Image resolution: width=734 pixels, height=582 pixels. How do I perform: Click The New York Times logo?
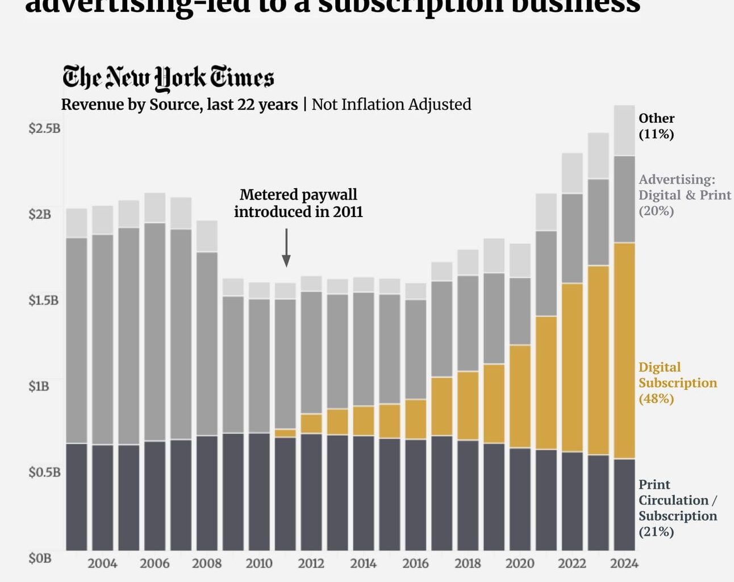(x=168, y=78)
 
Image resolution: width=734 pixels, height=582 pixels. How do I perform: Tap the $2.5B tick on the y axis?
(x=44, y=128)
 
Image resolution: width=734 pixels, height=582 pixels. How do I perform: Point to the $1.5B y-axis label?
(x=44, y=300)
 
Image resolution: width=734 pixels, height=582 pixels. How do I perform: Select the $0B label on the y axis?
(x=40, y=558)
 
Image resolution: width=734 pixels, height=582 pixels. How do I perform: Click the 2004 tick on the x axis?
(x=102, y=563)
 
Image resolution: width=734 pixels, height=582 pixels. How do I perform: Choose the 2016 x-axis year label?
(x=415, y=563)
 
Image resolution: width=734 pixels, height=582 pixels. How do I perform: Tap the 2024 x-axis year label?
(x=624, y=563)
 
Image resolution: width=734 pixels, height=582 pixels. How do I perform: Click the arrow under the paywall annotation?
(x=286, y=248)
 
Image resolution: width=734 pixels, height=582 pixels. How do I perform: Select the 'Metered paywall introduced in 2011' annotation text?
(x=298, y=203)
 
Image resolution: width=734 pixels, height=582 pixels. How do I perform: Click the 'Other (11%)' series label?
(x=656, y=126)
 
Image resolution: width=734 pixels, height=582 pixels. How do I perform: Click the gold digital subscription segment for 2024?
(x=624, y=350)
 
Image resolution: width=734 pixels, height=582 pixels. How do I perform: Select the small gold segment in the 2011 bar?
(x=285, y=433)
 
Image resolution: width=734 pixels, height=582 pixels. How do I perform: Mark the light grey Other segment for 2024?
(x=624, y=130)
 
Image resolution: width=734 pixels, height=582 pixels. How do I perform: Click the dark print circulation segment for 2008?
(x=207, y=493)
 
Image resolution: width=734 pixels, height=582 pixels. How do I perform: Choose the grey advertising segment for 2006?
(x=155, y=331)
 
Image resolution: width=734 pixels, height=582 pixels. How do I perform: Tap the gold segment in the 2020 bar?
(x=520, y=396)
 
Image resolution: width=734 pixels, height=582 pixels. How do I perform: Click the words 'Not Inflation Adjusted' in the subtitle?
(x=391, y=105)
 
